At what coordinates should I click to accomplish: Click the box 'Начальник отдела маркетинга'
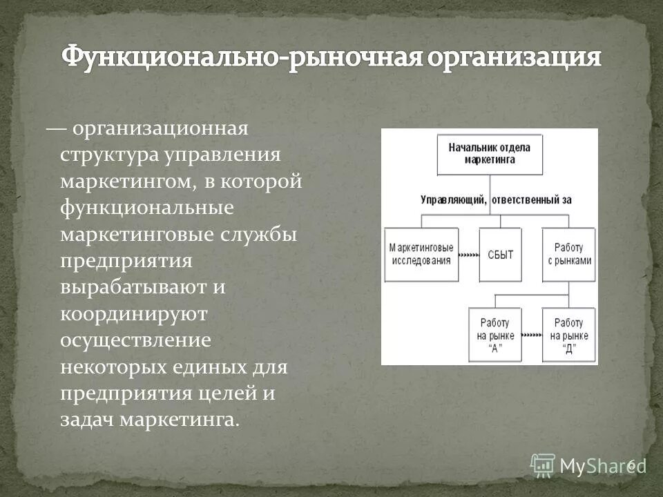490,153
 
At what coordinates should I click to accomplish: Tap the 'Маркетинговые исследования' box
421,254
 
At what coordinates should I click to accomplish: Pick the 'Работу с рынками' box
569,254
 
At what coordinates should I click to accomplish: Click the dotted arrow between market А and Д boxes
532,336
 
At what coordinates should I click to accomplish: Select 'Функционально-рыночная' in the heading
240,58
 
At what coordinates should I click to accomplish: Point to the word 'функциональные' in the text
147,207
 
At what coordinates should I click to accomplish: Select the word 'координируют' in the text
134,314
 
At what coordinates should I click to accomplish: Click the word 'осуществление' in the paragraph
135,340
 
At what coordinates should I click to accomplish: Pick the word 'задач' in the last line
87,420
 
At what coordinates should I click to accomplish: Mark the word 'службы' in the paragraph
260,234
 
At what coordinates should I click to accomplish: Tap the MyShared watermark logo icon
543,465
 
